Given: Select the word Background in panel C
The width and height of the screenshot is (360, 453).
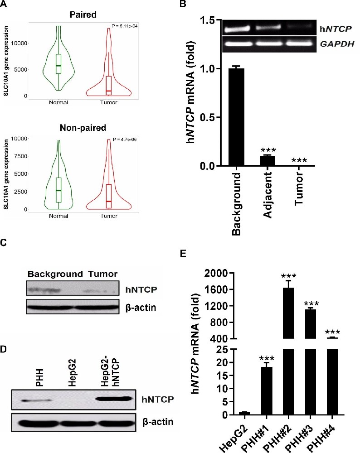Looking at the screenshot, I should [55, 274].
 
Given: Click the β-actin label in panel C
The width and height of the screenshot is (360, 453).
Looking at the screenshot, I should [141, 308].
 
